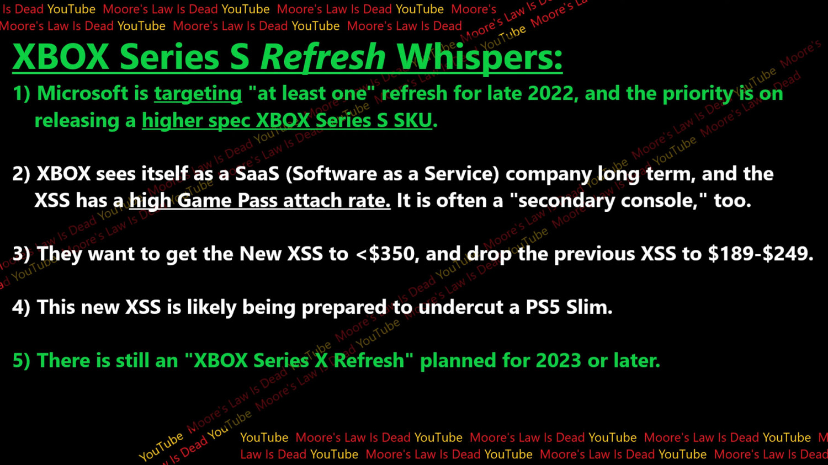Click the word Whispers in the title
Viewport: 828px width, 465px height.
479,57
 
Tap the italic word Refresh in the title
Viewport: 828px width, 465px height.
322,57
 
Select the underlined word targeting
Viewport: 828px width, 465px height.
198,94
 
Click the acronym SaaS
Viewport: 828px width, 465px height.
257,174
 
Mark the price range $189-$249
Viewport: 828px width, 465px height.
760,254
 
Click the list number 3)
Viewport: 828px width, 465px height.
22,254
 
